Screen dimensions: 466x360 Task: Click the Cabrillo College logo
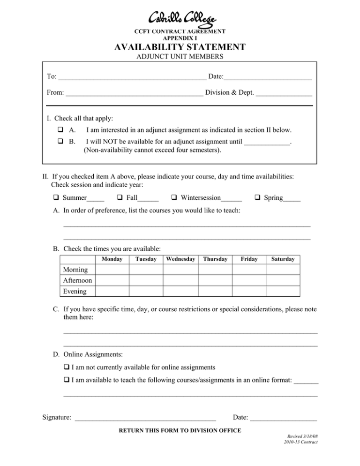tap(182, 19)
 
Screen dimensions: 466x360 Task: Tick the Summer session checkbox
tap(57, 198)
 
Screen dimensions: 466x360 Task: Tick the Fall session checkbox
tap(121, 198)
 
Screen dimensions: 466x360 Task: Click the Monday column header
tap(112, 259)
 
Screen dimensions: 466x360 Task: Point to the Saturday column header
tap(283, 259)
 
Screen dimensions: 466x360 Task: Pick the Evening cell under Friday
tap(248, 292)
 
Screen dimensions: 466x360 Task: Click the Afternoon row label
tap(77, 281)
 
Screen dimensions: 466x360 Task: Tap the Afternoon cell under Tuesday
tap(145, 281)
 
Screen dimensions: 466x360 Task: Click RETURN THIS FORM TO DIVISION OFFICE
tap(180, 430)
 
